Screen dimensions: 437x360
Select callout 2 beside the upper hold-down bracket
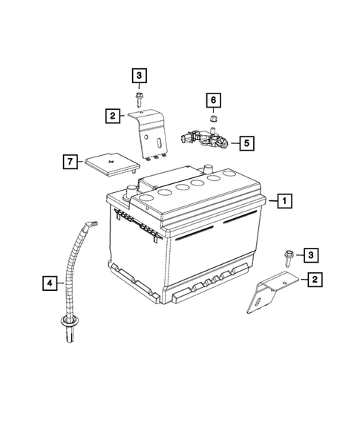point(112,115)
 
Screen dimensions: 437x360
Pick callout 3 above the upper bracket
point(139,74)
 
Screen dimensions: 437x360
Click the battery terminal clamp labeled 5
point(205,137)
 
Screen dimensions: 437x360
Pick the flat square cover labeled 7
point(109,163)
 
